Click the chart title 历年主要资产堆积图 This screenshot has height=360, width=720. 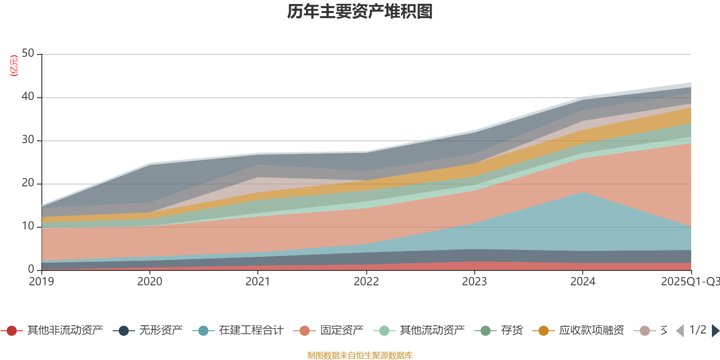(360, 12)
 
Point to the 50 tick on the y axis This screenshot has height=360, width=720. (28, 54)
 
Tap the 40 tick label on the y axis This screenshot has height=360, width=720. (28, 97)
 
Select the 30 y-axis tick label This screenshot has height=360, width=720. (28, 140)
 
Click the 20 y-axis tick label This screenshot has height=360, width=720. (28, 183)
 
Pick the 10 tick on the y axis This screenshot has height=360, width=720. (28, 226)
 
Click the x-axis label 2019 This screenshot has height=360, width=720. (41, 282)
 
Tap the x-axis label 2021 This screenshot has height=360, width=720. (258, 282)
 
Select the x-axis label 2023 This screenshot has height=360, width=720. (474, 282)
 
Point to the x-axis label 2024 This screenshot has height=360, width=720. (583, 282)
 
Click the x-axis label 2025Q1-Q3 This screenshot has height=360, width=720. (689, 282)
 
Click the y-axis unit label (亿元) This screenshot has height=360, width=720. (14, 66)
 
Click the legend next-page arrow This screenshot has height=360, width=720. (715, 331)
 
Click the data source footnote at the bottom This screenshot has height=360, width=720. (360, 355)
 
